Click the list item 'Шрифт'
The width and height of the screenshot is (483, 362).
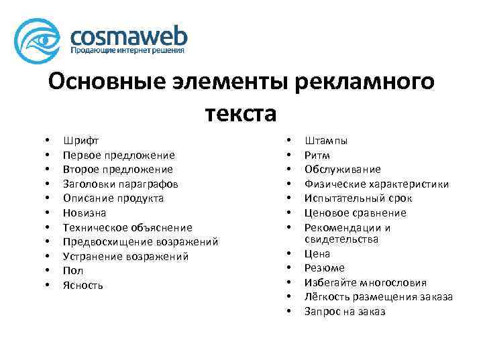[80, 141]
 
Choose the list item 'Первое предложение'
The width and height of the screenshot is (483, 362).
[119, 155]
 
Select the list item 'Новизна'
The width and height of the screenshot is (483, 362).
[85, 213]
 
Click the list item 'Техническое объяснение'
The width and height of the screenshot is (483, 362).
[127, 227]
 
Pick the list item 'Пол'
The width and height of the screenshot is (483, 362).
[73, 271]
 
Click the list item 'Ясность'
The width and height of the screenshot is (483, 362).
[83, 286]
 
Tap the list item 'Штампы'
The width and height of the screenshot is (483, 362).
[326, 141]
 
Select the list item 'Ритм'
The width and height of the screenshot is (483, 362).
[317, 155]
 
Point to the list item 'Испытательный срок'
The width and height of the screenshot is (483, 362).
[358, 198]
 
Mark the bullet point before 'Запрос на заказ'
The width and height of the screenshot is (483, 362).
[288, 312]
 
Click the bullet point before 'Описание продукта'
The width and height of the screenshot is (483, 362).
[46, 198]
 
